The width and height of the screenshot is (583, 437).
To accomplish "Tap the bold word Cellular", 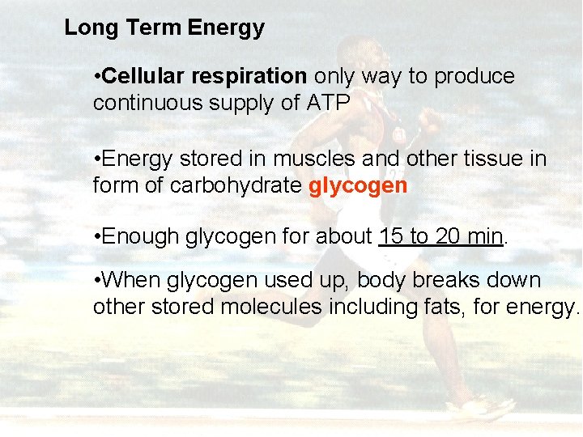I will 143,77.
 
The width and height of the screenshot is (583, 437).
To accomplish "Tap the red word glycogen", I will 358,186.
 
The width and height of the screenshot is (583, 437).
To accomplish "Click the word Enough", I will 142,237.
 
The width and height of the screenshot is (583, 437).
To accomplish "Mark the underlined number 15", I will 390,237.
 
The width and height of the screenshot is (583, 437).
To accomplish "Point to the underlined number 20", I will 446,237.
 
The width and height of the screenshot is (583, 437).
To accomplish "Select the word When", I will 133,281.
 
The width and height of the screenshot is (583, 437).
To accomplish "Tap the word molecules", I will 289,308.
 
